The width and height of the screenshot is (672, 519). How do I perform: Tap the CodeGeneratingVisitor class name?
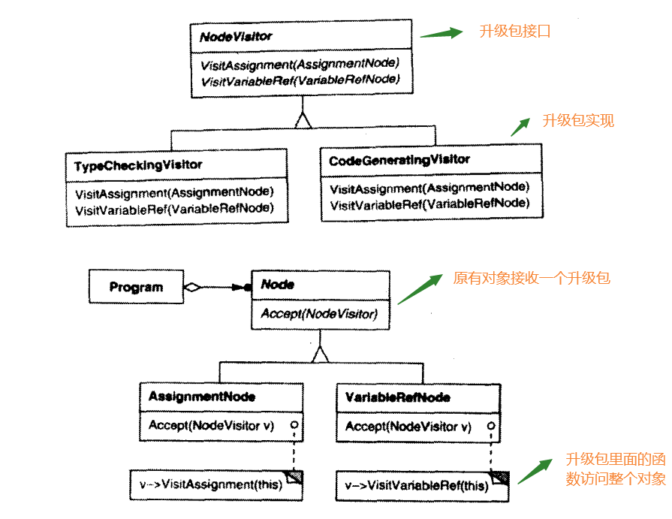click(399, 160)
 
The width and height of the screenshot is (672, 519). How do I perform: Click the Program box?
click(136, 287)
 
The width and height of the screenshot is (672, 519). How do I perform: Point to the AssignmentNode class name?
click(202, 397)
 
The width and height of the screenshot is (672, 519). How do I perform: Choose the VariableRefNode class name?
click(397, 397)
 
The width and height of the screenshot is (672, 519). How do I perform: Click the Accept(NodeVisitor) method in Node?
click(318, 314)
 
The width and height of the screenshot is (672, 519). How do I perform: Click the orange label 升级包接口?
click(515, 32)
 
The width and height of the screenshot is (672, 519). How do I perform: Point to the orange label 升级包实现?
click(578, 121)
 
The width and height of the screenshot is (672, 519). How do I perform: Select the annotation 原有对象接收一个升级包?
click(532, 278)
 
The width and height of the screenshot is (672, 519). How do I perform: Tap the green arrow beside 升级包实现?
click(520, 126)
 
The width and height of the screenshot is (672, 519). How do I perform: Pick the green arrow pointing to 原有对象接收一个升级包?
click(418, 289)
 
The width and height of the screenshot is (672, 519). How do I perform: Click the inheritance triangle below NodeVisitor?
click(303, 119)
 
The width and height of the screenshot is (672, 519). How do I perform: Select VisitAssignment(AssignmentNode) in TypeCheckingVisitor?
click(174, 192)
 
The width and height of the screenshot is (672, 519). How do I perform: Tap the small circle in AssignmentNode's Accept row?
click(294, 426)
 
